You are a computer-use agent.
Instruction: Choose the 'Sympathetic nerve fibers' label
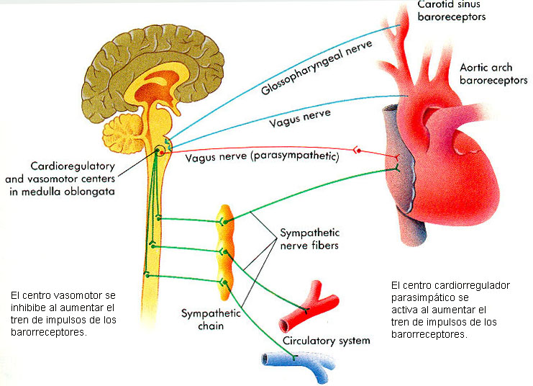[309, 239]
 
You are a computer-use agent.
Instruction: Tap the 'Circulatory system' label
[326, 341]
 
